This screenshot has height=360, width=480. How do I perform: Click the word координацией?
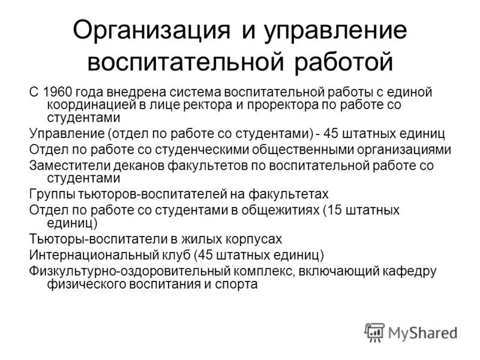(85, 104)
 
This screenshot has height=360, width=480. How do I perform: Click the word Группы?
(50, 194)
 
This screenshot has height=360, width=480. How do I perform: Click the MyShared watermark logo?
(412, 332)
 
